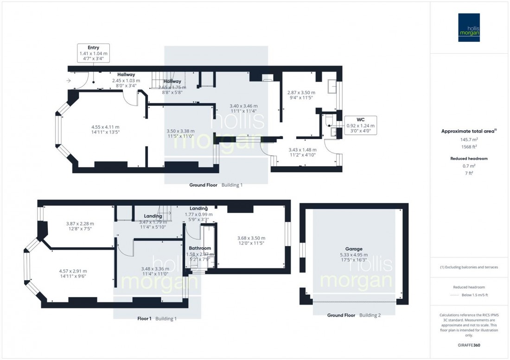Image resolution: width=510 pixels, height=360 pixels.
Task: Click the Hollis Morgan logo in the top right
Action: click(470, 27)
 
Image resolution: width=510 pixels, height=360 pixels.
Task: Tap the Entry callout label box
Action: click(93, 53)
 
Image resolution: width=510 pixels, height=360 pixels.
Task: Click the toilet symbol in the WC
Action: click(328, 121)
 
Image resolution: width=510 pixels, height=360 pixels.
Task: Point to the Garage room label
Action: click(353, 249)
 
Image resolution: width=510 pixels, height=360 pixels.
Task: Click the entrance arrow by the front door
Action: click(69, 81)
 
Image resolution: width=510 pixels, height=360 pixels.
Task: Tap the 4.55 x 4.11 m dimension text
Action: click(105, 127)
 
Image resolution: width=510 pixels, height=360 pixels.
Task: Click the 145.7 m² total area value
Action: click(469, 139)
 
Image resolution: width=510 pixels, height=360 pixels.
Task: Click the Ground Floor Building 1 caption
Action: click(216, 185)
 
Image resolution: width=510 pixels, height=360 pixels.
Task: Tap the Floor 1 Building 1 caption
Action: click(157, 319)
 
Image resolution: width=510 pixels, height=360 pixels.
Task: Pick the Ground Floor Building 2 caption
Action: click(354, 316)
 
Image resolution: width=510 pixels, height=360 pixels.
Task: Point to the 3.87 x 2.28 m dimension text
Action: click(80, 223)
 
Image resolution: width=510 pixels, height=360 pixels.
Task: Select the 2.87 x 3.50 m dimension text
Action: click(301, 92)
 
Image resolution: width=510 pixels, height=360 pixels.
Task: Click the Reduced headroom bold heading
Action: click(469, 158)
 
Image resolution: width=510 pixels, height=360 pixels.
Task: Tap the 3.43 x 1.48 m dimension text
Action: click(302, 150)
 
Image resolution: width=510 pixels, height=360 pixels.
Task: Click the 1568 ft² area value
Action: click(469, 147)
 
